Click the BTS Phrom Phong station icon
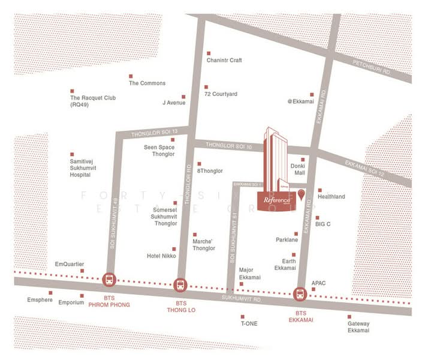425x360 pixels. coord(110,280)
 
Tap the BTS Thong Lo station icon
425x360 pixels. coord(180,286)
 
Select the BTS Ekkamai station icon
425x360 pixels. coord(299,295)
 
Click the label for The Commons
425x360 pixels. coord(147,83)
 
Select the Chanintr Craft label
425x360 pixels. coord(224,61)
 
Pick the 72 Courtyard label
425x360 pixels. coord(221,94)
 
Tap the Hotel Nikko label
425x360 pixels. coord(160,256)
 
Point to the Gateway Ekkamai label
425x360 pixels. coord(358,327)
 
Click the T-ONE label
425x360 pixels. coord(249,324)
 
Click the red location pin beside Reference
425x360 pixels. coord(301,193)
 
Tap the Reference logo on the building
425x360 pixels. coord(277,199)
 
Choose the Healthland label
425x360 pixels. coord(331,196)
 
